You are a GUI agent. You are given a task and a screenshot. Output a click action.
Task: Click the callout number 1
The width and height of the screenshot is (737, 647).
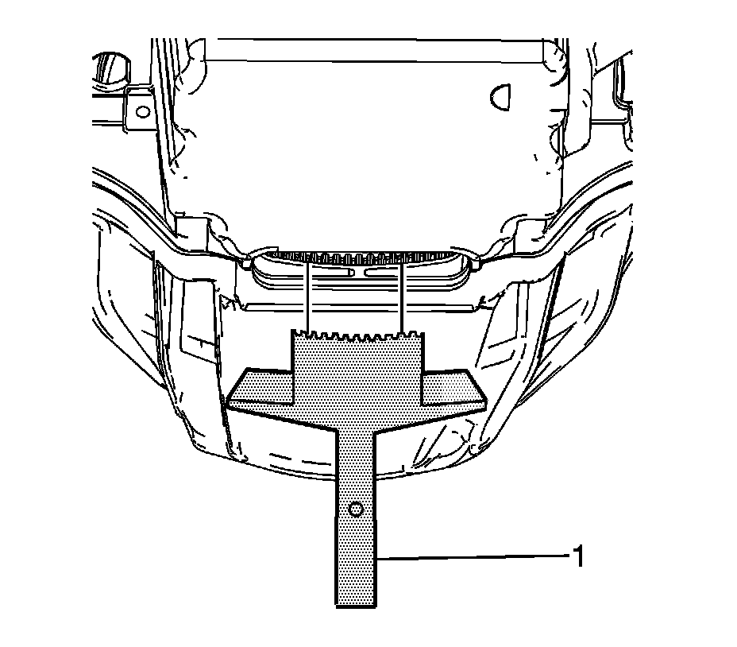(578, 556)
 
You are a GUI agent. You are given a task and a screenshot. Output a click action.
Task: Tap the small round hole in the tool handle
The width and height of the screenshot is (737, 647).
(356, 509)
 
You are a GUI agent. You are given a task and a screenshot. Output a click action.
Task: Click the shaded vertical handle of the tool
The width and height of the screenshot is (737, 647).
(357, 517)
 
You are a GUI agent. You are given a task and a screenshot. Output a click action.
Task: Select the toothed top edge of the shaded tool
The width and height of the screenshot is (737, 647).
(358, 335)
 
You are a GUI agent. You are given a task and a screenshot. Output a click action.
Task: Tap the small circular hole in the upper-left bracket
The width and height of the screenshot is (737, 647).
(142, 111)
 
